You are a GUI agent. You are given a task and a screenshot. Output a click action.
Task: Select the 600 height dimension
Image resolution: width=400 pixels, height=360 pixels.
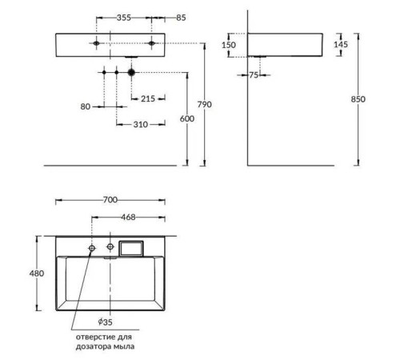click(186, 118)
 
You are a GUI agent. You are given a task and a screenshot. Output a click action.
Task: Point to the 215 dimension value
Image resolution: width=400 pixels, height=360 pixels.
click(148, 98)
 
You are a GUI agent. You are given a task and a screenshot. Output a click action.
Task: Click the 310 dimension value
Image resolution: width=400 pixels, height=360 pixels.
click(141, 124)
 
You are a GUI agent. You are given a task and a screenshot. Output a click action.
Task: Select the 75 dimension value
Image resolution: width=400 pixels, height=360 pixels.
click(254, 75)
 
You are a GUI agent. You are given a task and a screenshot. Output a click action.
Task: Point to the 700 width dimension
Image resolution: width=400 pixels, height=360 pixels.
click(110, 199)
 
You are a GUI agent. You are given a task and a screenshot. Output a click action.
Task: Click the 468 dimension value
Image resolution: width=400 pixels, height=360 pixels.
click(128, 216)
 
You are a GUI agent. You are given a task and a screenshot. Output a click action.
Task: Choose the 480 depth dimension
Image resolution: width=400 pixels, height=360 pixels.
click(36, 273)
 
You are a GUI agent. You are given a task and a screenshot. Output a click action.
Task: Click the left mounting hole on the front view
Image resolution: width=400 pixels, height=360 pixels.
click(96, 41)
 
